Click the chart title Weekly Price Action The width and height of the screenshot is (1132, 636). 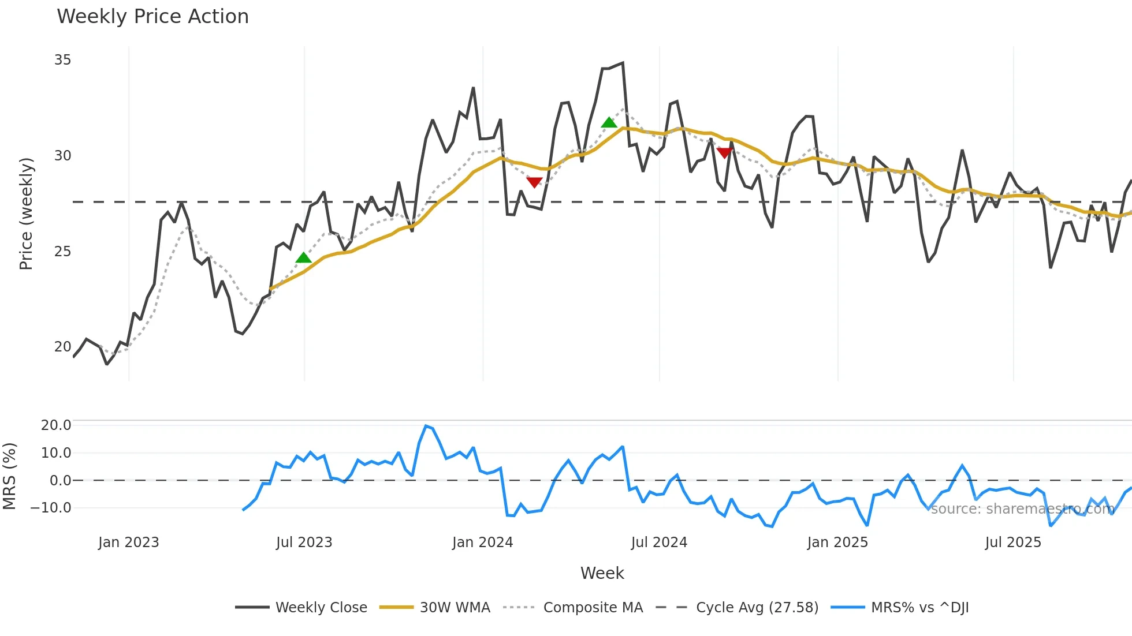[x=152, y=17]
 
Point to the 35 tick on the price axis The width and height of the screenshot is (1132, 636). [x=62, y=60]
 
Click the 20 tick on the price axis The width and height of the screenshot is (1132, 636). [x=62, y=347]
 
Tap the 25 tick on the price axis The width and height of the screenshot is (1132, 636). [x=62, y=252]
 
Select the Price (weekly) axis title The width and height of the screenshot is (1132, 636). [x=26, y=214]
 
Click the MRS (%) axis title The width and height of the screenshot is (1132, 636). [x=9, y=476]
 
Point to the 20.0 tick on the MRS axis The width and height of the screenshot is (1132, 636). [x=56, y=425]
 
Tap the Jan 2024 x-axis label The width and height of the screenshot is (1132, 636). [x=482, y=543]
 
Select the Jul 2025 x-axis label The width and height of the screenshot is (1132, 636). [x=1013, y=543]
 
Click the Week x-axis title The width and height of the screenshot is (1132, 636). [x=602, y=573]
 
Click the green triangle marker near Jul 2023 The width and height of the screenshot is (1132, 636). [x=303, y=258]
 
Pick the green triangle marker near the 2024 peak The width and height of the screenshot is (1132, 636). [x=609, y=122]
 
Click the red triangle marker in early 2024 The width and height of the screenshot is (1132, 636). [x=534, y=182]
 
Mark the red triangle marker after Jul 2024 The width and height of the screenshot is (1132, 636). [x=724, y=153]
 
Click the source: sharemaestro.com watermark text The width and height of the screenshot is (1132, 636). [x=1022, y=509]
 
